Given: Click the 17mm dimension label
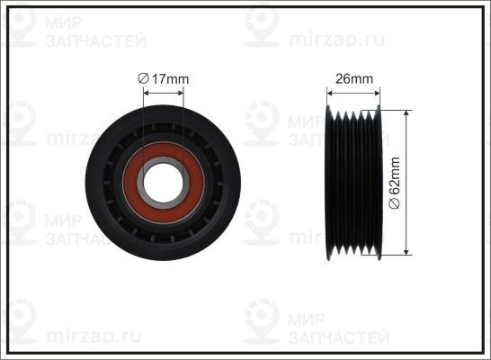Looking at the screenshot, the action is (163, 78).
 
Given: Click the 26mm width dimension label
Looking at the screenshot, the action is (354, 78).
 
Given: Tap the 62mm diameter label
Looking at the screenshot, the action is (394, 183).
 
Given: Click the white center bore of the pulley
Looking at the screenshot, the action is (163, 183).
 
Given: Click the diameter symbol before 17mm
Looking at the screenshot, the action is (143, 78).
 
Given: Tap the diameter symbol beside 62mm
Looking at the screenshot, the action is (394, 203).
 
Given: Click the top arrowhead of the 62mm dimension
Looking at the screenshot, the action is (406, 113).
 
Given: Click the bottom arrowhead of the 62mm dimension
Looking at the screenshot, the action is (406, 252).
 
